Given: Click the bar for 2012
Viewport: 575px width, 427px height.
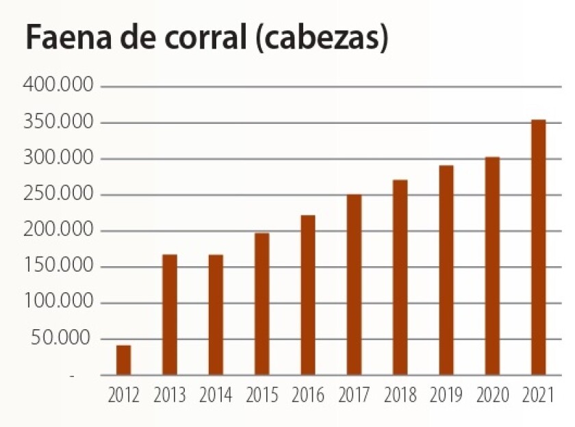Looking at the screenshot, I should (123, 361).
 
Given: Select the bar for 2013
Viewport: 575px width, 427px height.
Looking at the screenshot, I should (170, 315).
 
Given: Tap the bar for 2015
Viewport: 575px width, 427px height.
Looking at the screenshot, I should (262, 305).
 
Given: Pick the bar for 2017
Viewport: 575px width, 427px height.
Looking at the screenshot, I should (354, 285).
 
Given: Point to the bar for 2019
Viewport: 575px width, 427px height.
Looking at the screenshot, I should (446, 270).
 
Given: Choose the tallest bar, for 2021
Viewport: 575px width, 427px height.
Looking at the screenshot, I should (539, 248).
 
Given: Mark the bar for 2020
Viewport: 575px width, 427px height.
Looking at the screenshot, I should (492, 266).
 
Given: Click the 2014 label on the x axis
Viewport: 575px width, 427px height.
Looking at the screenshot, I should (216, 396).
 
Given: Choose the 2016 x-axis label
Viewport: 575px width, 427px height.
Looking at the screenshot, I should (308, 396).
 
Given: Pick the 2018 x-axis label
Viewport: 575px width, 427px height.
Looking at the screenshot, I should (400, 396).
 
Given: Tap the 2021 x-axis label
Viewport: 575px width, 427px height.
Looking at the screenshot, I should (538, 396).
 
